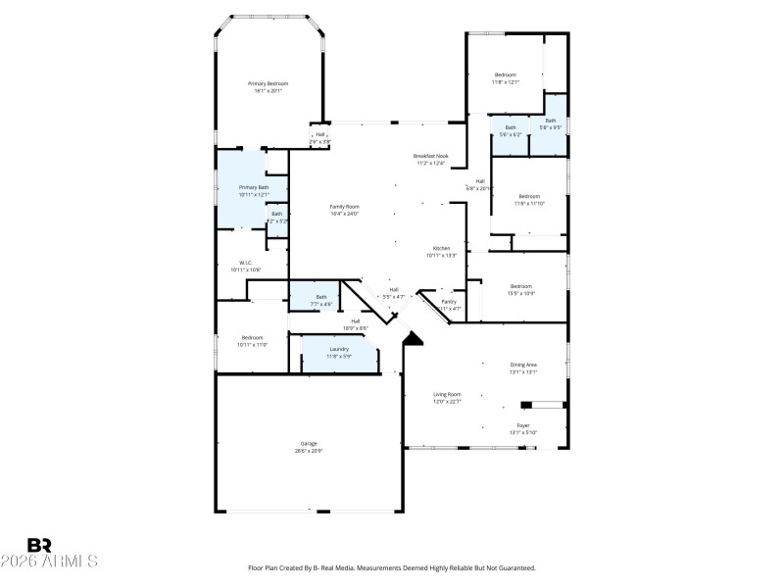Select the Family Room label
click(x=344, y=207)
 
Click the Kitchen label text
click(x=442, y=248)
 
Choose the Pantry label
click(x=449, y=302)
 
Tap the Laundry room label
click(x=339, y=349)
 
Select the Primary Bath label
click(x=254, y=187)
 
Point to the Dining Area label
click(x=523, y=365)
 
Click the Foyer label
click(x=523, y=425)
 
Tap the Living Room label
click(x=447, y=394)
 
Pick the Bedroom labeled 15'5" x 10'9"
click(x=520, y=286)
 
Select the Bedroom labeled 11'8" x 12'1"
click(x=505, y=75)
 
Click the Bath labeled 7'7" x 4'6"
click(x=320, y=298)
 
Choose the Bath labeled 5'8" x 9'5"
click(x=550, y=121)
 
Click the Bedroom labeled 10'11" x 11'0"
click(x=252, y=338)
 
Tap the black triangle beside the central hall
click(x=414, y=338)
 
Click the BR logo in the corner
click(x=39, y=545)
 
